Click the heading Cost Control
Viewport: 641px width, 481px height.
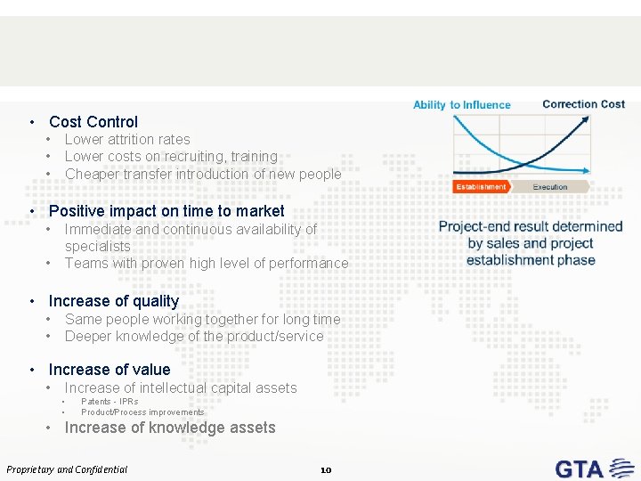93,122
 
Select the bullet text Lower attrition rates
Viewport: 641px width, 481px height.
127,139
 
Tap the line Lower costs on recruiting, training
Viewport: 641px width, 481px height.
171,157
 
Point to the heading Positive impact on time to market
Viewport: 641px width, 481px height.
166,211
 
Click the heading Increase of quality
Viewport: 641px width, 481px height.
113,301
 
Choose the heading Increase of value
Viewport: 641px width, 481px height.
109,370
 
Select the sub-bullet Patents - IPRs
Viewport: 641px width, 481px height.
110,402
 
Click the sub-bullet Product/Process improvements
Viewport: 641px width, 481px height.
142,412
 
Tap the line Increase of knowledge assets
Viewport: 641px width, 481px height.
170,428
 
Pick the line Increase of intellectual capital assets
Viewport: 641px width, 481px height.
181,387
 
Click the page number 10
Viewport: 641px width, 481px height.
325,469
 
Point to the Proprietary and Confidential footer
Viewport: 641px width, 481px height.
67,469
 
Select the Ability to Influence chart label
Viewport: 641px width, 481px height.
461,105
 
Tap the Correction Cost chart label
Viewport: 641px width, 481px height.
583,104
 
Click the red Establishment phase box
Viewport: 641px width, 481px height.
481,187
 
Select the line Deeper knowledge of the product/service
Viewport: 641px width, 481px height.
194,337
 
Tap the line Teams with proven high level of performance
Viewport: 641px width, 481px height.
207,264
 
